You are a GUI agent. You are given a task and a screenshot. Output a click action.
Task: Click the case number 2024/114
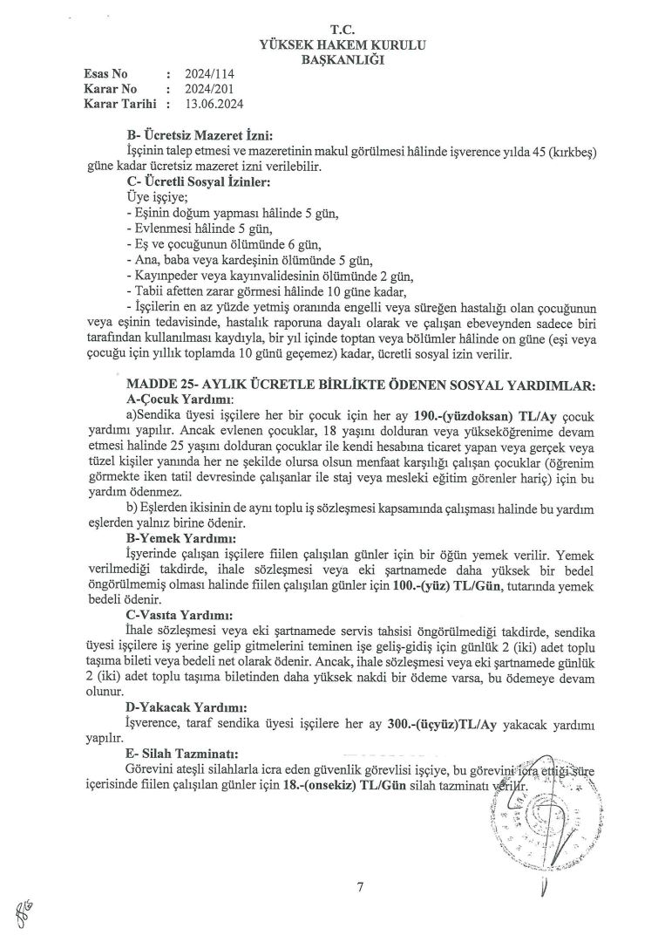click(x=207, y=74)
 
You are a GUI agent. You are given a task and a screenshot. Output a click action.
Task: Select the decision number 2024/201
click(x=207, y=88)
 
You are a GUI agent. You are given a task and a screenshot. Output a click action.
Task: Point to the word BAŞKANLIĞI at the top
click(x=335, y=59)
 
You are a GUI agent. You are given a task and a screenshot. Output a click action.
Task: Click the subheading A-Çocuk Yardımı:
click(x=175, y=399)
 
